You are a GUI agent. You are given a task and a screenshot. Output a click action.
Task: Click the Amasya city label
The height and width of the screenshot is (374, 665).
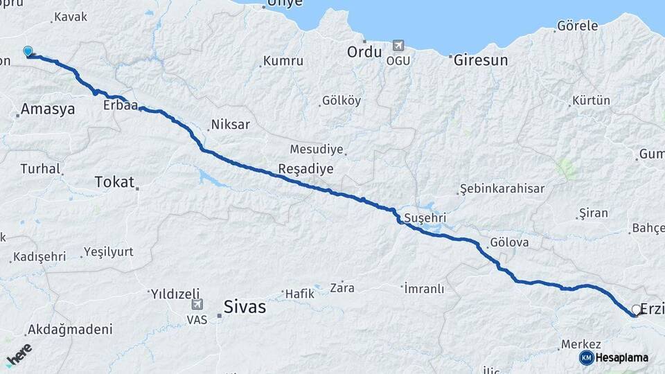point(47,109)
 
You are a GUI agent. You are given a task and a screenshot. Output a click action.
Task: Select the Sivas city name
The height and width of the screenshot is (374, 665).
point(245,307)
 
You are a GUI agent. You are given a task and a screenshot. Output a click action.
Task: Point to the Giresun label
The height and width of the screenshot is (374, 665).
point(481,60)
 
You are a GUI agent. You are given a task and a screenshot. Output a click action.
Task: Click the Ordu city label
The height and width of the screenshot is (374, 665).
point(364,52)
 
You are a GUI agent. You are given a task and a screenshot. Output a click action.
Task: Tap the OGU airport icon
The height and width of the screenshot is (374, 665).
point(398,46)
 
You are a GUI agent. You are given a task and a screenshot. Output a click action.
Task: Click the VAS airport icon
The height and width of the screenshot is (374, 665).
point(197,304)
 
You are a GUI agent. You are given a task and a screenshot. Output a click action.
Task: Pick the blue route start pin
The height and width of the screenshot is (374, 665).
point(28,51)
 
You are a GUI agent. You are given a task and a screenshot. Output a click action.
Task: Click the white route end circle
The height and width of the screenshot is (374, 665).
point(636,310)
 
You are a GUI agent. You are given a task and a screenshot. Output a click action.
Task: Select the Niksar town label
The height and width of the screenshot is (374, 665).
point(230,125)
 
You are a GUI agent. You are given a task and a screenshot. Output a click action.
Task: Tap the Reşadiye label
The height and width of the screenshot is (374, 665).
point(305,169)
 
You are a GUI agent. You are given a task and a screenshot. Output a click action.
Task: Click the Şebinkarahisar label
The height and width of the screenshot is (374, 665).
point(502,188)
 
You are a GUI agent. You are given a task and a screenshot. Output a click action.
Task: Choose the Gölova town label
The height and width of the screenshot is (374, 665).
point(509,242)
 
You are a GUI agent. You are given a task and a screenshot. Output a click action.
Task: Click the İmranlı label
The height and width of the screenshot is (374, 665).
point(424,289)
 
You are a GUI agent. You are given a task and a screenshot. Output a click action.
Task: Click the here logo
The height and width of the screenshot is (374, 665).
point(19,353)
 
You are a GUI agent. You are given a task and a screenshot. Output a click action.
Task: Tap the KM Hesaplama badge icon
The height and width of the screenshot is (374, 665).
point(587,357)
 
